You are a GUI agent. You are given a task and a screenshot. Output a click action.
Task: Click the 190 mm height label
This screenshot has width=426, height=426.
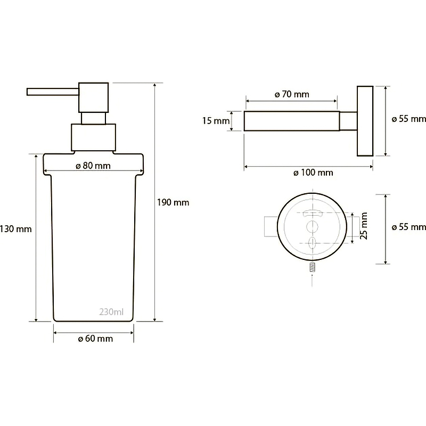coord(173,202)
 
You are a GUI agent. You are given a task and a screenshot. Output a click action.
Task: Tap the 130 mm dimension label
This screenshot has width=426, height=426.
coord(16,229)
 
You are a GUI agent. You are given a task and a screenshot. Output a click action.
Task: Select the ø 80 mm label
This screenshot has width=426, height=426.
coord(93,166)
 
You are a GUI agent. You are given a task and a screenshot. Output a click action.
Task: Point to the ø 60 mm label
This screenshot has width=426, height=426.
coord(95,339)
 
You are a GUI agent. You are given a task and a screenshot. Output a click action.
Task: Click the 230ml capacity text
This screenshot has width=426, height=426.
coord(111,312)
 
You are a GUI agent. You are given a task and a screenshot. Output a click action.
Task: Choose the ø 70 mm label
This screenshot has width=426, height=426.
coord(292,94)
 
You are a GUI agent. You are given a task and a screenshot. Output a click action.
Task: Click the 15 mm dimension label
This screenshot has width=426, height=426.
coord(216,121)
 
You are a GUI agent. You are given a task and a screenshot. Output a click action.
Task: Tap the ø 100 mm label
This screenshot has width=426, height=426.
coord(313,173)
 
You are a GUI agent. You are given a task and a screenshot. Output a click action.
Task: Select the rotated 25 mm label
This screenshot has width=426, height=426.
coord(364,226)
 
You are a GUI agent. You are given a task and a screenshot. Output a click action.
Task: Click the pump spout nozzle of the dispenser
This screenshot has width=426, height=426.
coord(53,92)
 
